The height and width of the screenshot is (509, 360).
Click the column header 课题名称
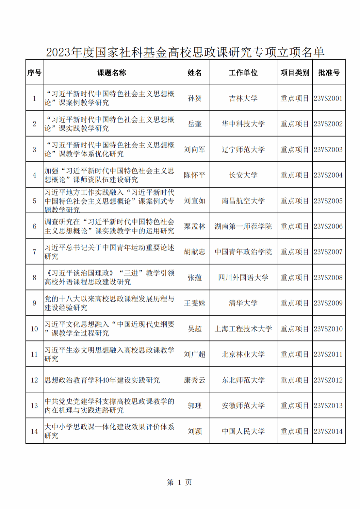point(111,73)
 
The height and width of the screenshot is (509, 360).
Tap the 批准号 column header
point(329,73)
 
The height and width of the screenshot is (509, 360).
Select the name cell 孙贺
point(194,98)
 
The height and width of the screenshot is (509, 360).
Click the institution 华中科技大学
point(243,124)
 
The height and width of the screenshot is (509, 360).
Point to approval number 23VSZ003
point(328,150)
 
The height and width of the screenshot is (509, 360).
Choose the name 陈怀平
point(194,175)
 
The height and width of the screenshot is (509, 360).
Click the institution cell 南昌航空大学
point(243,201)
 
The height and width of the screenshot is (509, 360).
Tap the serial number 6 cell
point(34,227)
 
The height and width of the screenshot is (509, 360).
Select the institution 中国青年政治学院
point(243,252)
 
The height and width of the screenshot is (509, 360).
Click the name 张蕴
point(194,277)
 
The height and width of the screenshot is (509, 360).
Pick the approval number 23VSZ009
point(328,303)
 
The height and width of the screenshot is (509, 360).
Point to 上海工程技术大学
point(243,329)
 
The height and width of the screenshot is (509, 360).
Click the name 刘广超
point(194,354)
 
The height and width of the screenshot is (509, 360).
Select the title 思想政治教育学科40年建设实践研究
point(102,380)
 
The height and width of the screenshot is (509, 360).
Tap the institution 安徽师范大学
point(243,406)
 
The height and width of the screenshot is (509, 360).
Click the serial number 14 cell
point(34,431)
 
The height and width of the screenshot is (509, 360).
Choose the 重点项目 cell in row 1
point(295,98)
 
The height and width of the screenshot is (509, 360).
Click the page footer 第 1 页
point(179,482)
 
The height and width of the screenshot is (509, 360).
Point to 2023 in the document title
point(58,52)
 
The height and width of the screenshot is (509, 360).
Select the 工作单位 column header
point(243,73)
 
